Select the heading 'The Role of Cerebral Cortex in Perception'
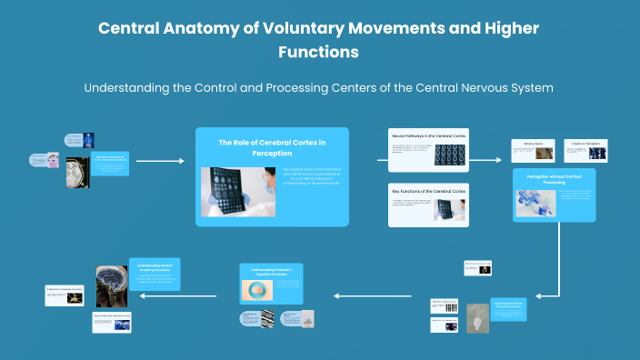pos(272,147)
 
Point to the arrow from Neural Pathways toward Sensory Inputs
pos(485,159)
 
